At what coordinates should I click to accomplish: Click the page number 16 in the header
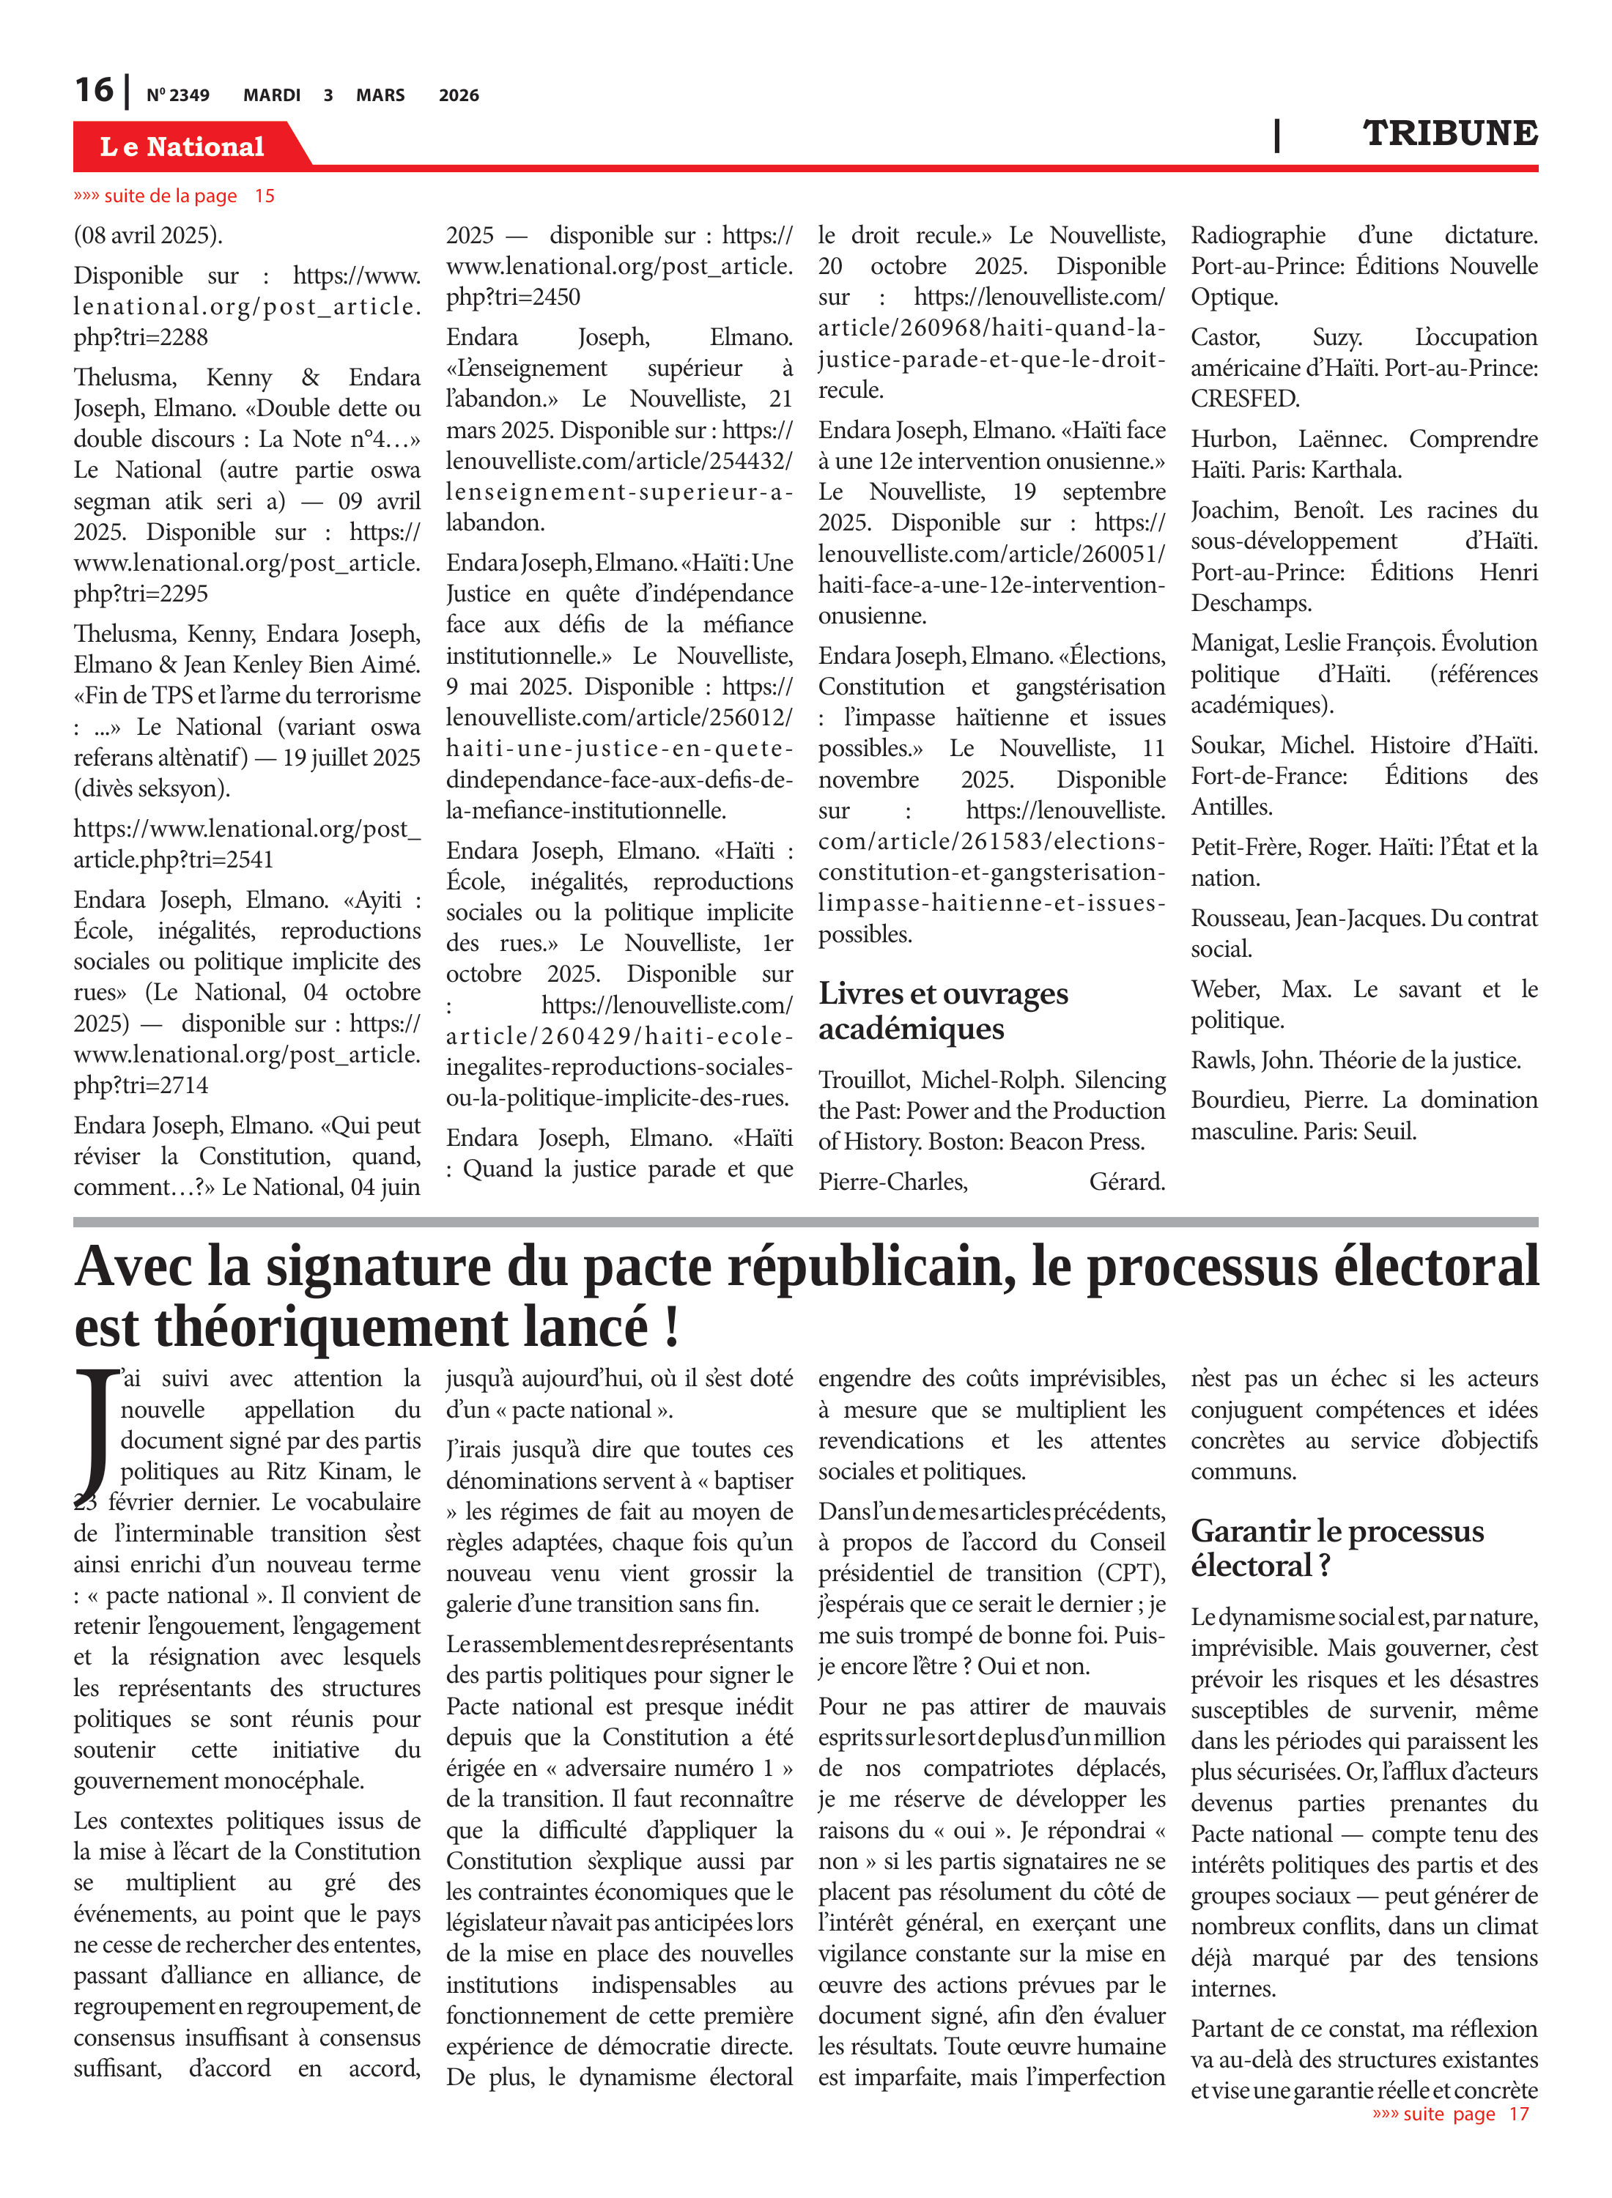[x=94, y=90]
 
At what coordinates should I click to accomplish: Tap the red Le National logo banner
[x=182, y=147]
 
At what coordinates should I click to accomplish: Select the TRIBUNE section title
[x=1449, y=133]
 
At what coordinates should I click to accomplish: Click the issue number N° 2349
[x=177, y=95]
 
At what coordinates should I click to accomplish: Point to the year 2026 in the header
[x=459, y=95]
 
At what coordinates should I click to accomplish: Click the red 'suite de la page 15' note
[x=174, y=196]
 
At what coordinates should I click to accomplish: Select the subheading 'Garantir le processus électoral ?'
[x=1336, y=1548]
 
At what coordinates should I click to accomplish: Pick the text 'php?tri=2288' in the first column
[x=141, y=338]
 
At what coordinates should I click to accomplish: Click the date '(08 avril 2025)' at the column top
[x=148, y=235]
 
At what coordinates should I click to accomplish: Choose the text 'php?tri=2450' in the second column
[x=513, y=297]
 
